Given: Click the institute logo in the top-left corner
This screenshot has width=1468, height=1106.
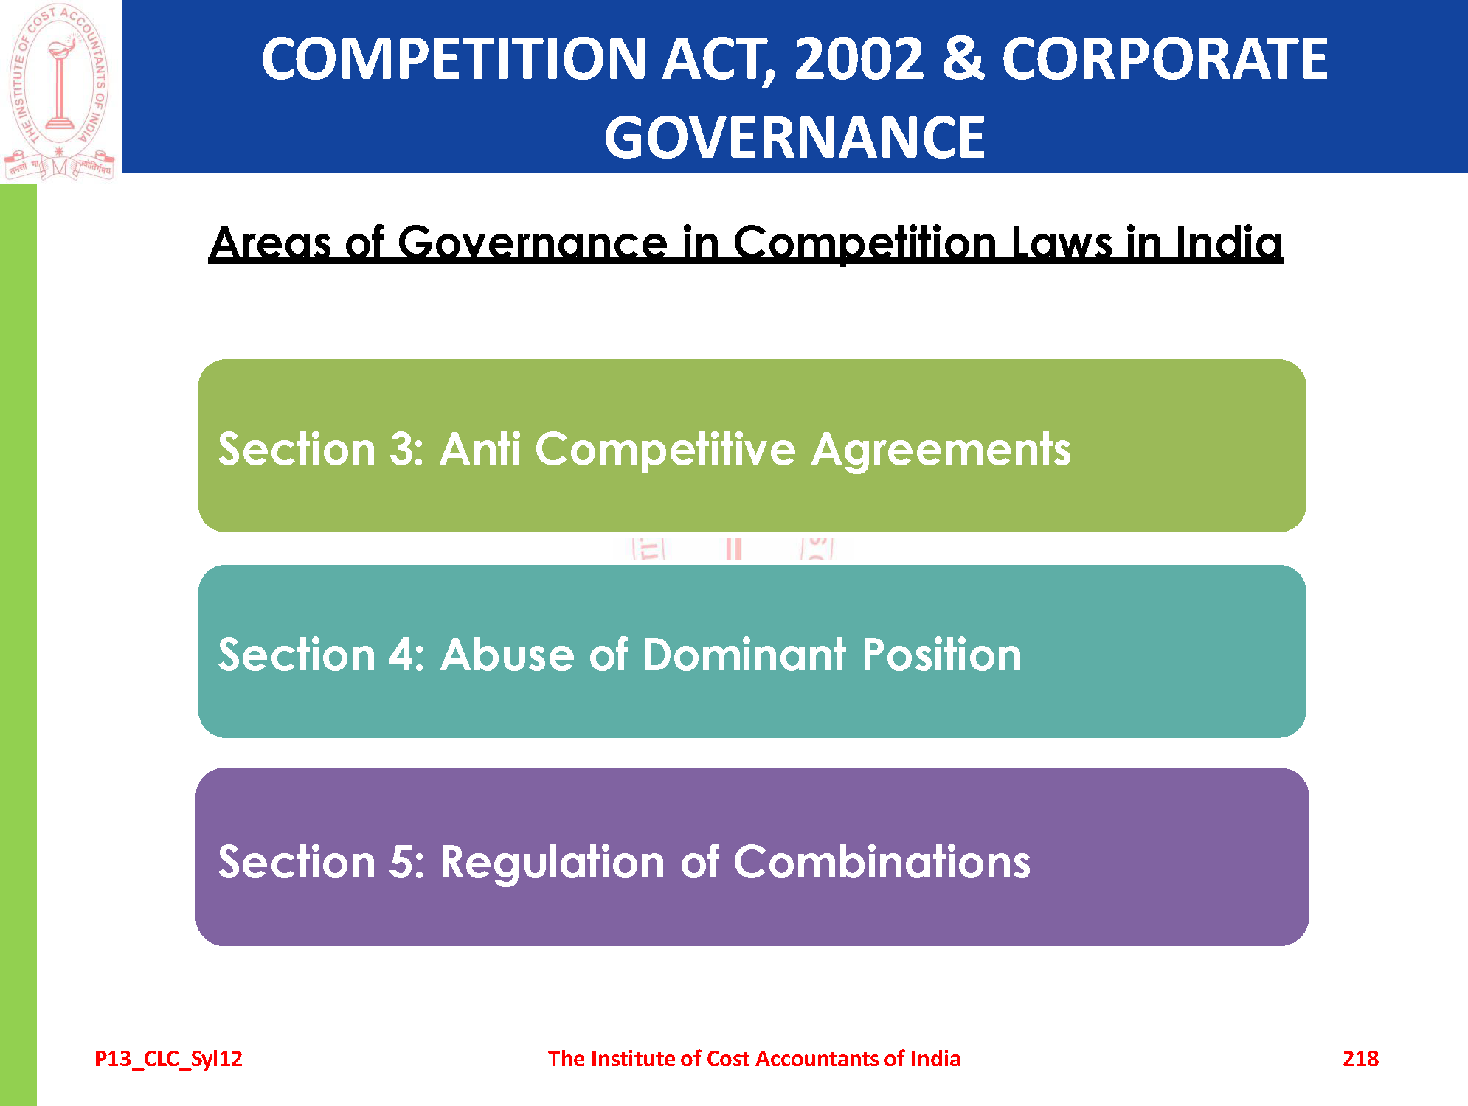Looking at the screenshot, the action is tap(59, 91).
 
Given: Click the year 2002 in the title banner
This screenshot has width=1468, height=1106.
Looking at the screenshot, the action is tap(859, 59).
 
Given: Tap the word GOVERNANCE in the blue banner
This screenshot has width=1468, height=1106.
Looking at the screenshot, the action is tap(794, 137).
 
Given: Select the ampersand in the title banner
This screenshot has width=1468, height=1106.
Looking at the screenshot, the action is tap(963, 58).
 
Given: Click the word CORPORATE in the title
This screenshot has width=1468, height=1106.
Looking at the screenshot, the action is tap(1165, 59).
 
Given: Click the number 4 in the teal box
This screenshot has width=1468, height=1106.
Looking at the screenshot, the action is tap(402, 655).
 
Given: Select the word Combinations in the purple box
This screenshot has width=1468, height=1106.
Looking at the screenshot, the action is tap(882, 861).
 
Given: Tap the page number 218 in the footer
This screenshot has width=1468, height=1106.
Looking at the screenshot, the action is tap(1360, 1059).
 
